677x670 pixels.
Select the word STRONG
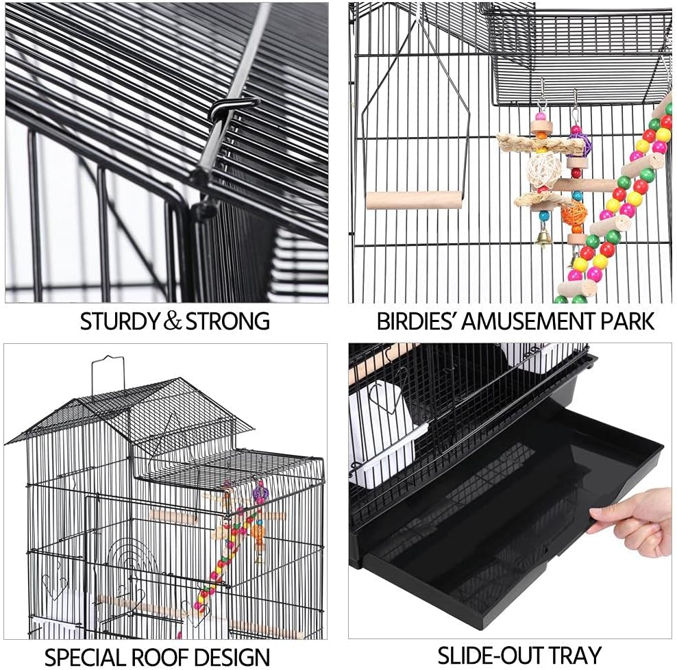pyautogui.click(x=227, y=321)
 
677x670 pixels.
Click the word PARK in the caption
pyautogui.click(x=625, y=321)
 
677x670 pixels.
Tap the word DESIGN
pyautogui.click(x=232, y=657)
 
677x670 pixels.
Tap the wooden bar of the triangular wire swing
pyautogui.click(x=415, y=200)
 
